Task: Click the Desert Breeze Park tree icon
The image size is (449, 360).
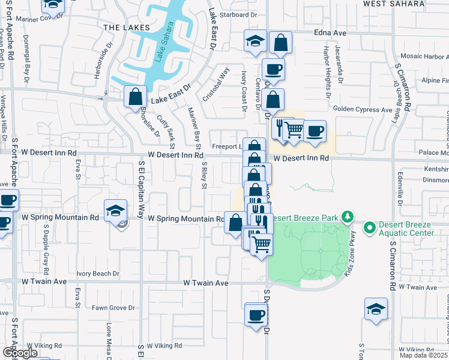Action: click(346, 216)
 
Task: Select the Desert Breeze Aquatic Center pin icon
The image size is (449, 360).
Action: click(369, 227)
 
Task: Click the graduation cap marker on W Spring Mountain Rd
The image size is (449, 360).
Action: click(115, 211)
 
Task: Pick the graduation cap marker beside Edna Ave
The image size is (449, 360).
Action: click(255, 41)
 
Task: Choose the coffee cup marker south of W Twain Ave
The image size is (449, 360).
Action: click(256, 314)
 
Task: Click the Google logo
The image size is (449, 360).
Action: click(20, 353)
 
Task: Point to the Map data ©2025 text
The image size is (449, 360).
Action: click(423, 355)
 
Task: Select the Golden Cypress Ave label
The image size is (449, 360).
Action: click(363, 110)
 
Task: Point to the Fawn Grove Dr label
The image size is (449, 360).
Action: click(113, 308)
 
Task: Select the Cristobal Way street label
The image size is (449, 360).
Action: click(217, 84)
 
